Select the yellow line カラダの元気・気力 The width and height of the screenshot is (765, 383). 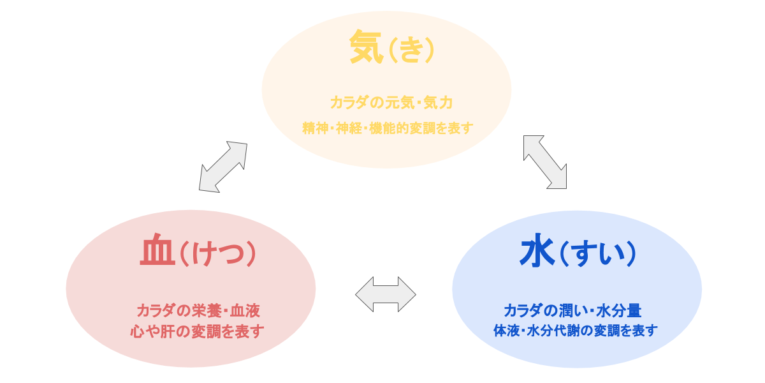point(391,102)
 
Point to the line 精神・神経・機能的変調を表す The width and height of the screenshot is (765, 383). point(388,128)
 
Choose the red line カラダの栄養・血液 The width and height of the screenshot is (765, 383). point(198,312)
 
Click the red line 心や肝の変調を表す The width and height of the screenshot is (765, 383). point(197,331)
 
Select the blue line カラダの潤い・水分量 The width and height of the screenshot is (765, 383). point(572,311)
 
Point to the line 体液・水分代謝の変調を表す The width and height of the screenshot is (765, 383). point(575,331)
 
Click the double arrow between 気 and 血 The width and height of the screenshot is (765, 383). point(223,167)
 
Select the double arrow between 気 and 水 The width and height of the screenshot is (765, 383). point(544,161)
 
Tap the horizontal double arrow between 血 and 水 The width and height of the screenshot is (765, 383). point(386,294)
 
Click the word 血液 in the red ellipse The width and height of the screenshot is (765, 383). point(245,312)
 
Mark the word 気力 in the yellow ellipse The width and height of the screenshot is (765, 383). point(438,102)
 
